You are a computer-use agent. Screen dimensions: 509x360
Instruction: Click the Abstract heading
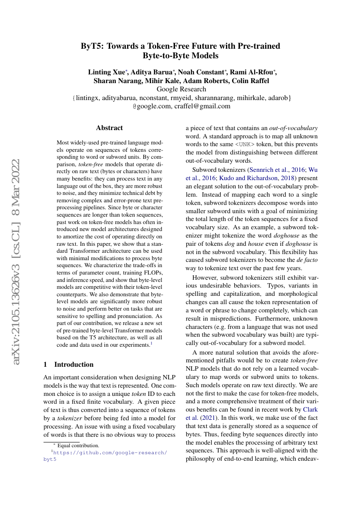coord(109,128)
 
